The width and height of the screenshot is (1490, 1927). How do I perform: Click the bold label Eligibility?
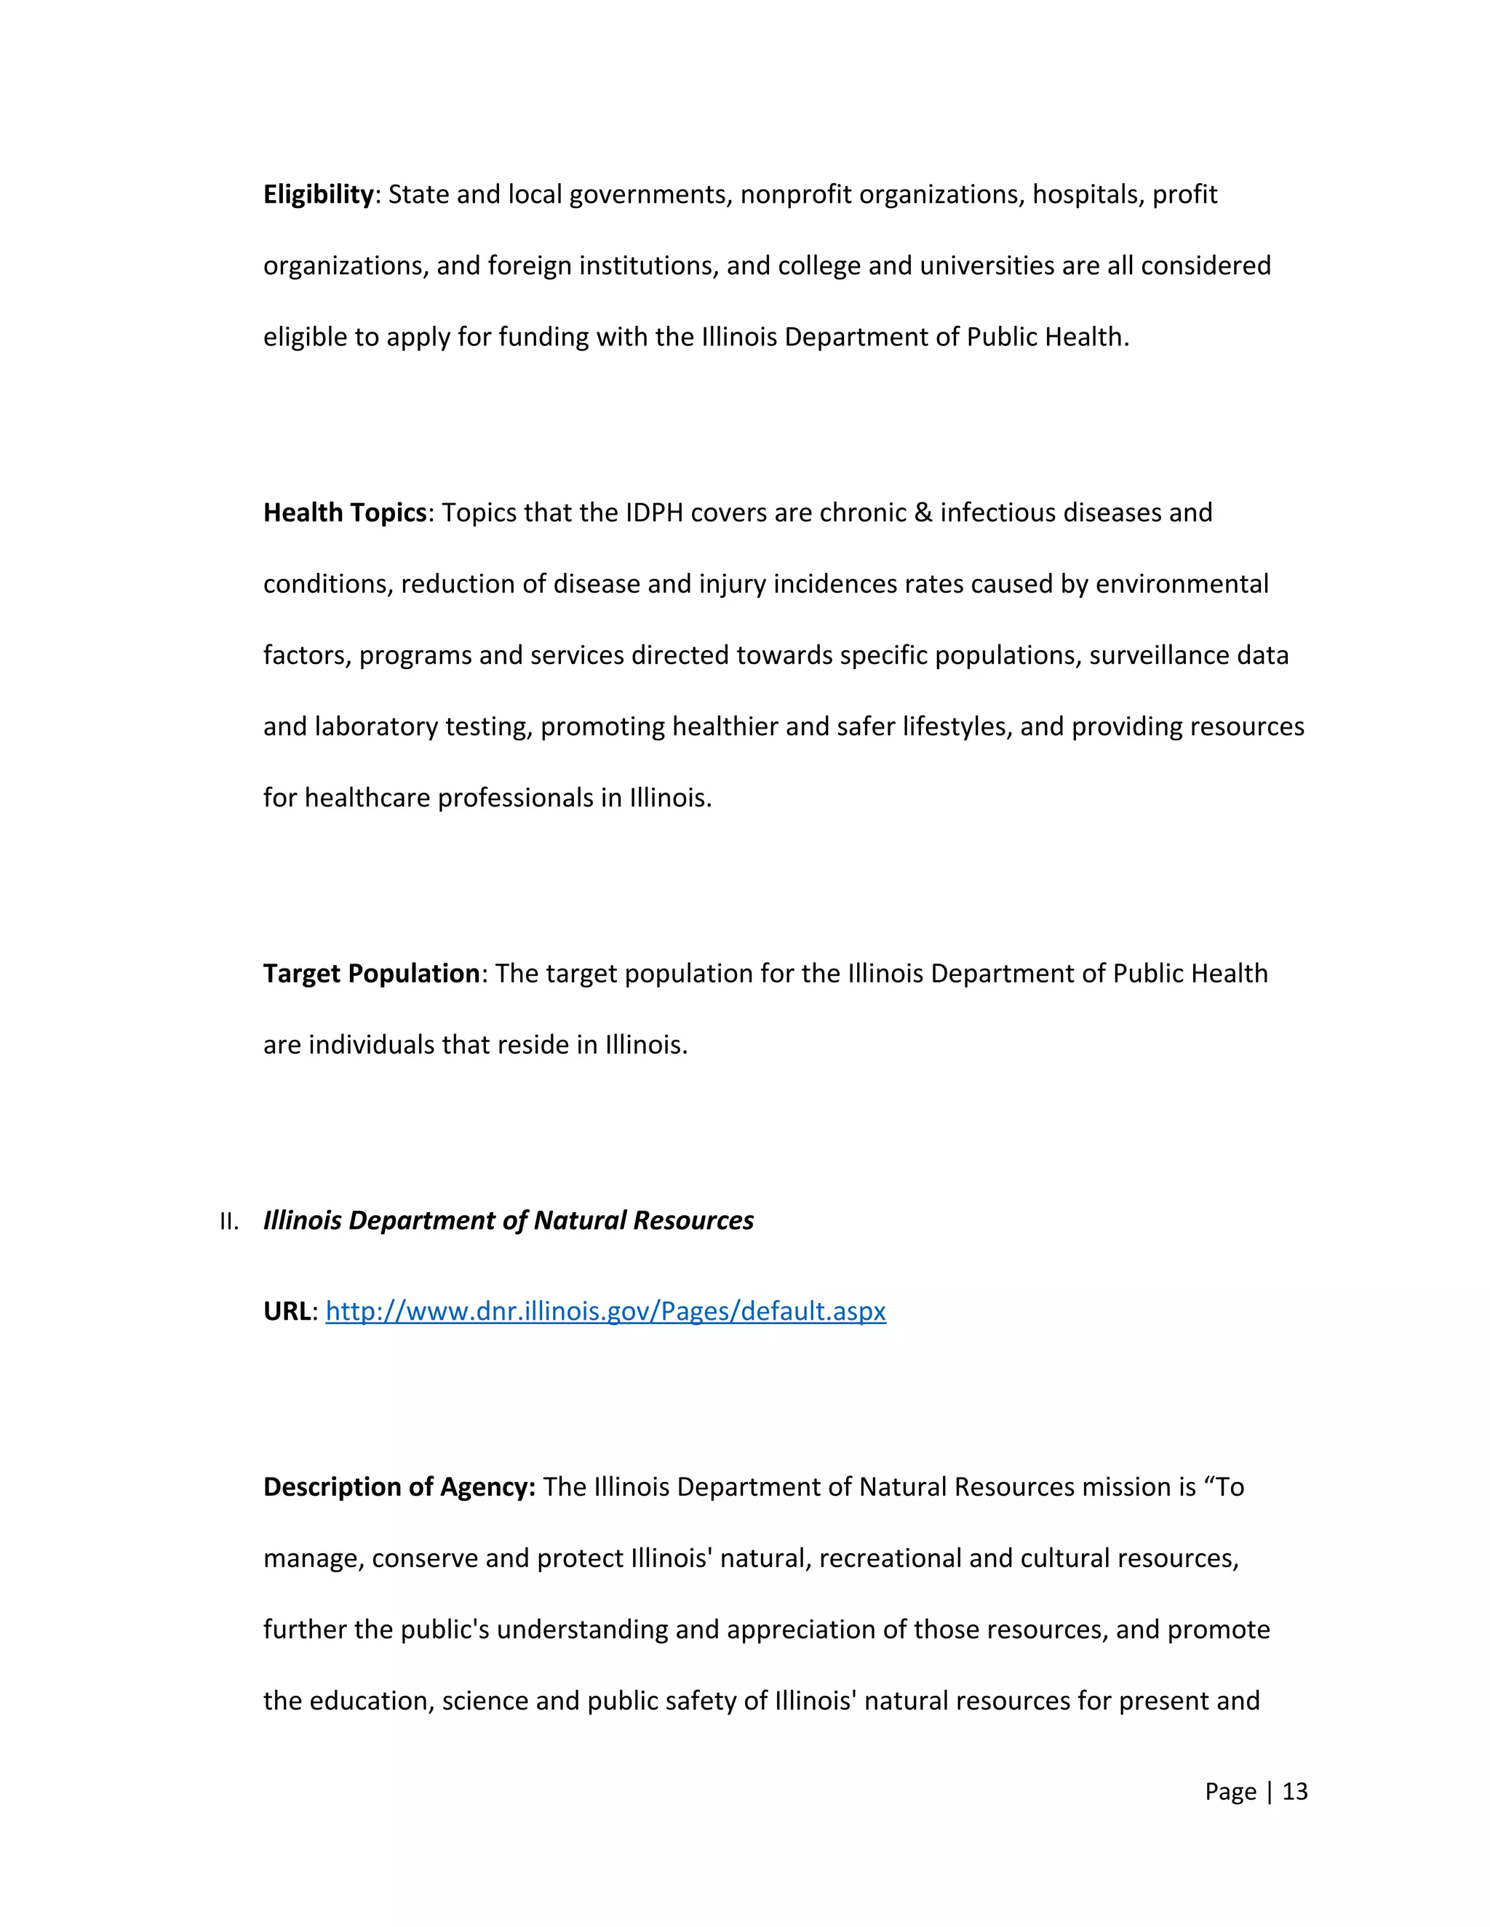[319, 194]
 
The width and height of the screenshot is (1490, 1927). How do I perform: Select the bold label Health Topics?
[344, 513]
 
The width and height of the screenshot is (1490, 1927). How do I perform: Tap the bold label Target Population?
[372, 973]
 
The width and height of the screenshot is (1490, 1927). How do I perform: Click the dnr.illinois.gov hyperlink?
[605, 1311]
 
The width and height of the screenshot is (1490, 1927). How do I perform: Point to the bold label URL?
[287, 1311]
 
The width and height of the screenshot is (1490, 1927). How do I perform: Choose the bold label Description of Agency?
[399, 1487]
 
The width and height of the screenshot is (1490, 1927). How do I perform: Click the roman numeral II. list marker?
[229, 1222]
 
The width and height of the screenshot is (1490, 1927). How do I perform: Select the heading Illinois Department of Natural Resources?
[509, 1220]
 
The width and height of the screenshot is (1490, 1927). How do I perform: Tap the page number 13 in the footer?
[1295, 1791]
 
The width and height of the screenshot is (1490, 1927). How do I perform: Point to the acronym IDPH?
[654, 513]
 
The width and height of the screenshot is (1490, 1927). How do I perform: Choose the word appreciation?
[800, 1629]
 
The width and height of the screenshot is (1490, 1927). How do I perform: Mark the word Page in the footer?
[1230, 1791]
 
